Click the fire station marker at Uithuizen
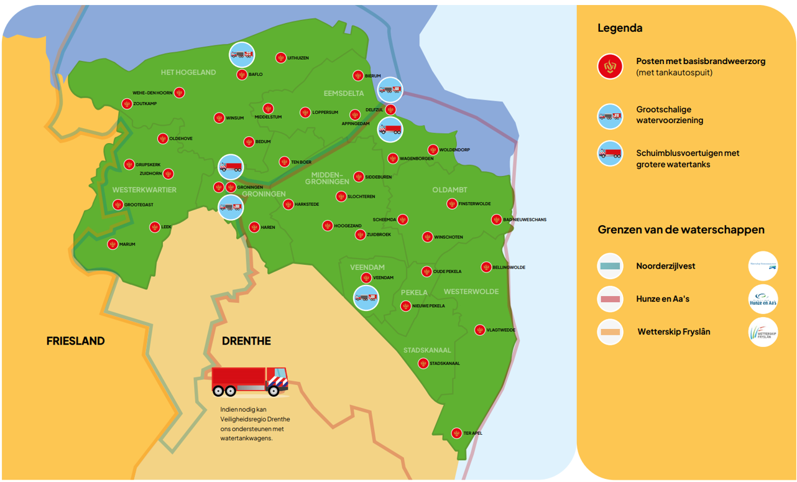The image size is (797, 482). (281, 58)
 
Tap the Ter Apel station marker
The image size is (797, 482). (456, 433)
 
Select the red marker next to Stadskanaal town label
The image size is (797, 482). (423, 363)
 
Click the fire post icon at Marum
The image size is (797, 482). (113, 244)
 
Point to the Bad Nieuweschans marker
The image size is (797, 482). (496, 220)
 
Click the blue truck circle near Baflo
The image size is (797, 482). (242, 55)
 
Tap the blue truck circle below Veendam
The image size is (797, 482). (366, 297)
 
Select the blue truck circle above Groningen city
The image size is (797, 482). (231, 167)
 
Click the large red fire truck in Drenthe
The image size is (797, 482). (249, 381)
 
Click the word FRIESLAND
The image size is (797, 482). (75, 341)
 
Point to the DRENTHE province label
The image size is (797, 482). (246, 341)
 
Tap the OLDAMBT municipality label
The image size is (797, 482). (449, 190)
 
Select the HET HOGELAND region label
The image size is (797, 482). (188, 72)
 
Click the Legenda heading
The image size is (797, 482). (620, 28)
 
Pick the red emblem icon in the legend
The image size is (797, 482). (610, 67)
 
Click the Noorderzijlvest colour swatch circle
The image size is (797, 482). (610, 266)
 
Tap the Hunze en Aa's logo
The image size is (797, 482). (763, 299)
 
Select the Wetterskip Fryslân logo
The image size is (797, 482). (763, 332)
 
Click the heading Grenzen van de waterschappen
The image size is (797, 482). (681, 229)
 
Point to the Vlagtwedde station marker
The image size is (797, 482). (480, 330)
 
